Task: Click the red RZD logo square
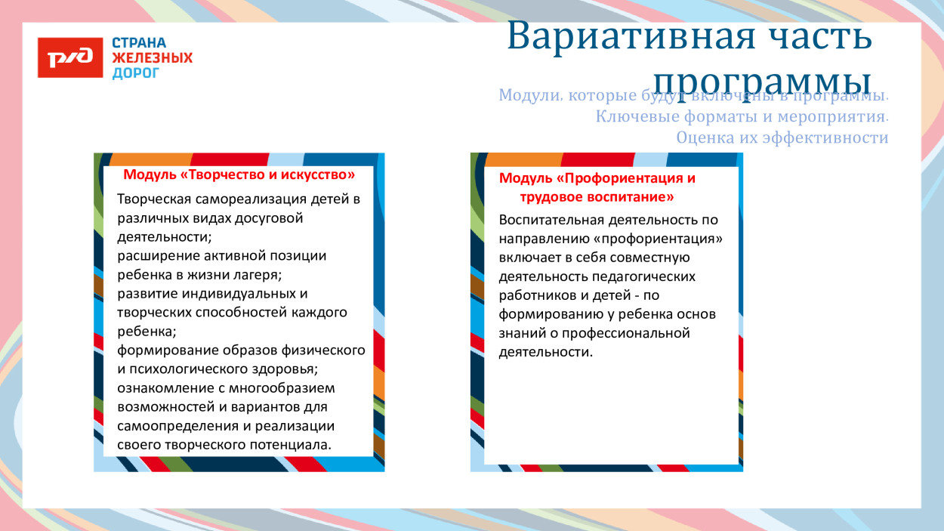[70, 57]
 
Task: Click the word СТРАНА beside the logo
[139, 43]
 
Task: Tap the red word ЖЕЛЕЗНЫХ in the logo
[153, 58]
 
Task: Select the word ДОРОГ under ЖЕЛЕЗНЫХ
[136, 73]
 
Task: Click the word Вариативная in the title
[631, 36]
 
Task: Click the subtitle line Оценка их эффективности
[782, 137]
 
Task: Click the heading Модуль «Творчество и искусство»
[239, 175]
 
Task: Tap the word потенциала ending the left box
[289, 445]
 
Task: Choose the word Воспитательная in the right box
[552, 220]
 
